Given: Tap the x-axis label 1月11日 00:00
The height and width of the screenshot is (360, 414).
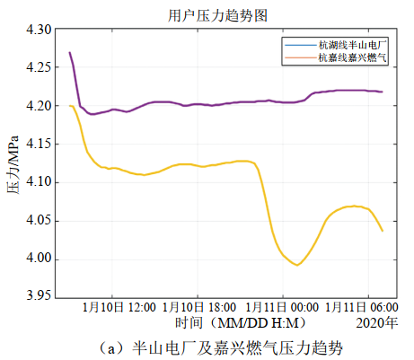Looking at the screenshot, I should pyautogui.click(x=282, y=308).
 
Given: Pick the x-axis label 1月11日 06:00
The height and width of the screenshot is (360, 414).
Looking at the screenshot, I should pyautogui.click(x=357, y=308).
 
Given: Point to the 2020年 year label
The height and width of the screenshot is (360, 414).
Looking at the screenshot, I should pyautogui.click(x=377, y=322).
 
